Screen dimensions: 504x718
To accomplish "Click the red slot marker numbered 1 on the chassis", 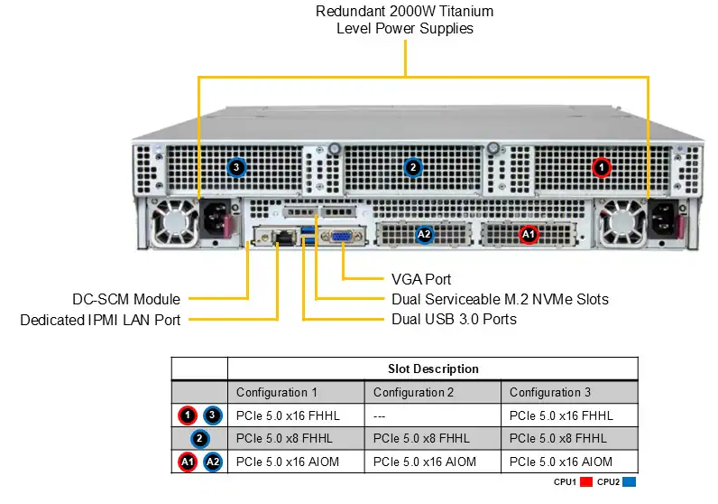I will click(x=602, y=167).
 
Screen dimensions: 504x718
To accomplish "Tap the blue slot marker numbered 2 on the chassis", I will click(x=413, y=167).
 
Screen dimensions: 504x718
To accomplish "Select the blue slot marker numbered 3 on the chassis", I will click(x=236, y=167).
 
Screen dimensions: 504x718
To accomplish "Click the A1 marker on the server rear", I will click(x=529, y=235).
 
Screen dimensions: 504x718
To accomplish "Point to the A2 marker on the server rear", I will click(x=425, y=235).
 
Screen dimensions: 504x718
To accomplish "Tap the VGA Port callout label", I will click(x=421, y=279).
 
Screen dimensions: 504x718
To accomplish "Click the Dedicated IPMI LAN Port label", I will click(x=100, y=319).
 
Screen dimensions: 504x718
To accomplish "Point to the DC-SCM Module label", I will click(x=126, y=299).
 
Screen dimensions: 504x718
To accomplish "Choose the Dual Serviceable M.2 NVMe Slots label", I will click(x=500, y=299).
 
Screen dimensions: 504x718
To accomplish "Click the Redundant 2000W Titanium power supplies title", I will click(x=405, y=20).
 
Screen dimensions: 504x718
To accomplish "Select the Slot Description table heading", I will click(x=433, y=369).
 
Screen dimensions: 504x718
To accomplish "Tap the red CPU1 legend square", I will click(x=585, y=482).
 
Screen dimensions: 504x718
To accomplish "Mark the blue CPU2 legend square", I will click(x=629, y=482).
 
